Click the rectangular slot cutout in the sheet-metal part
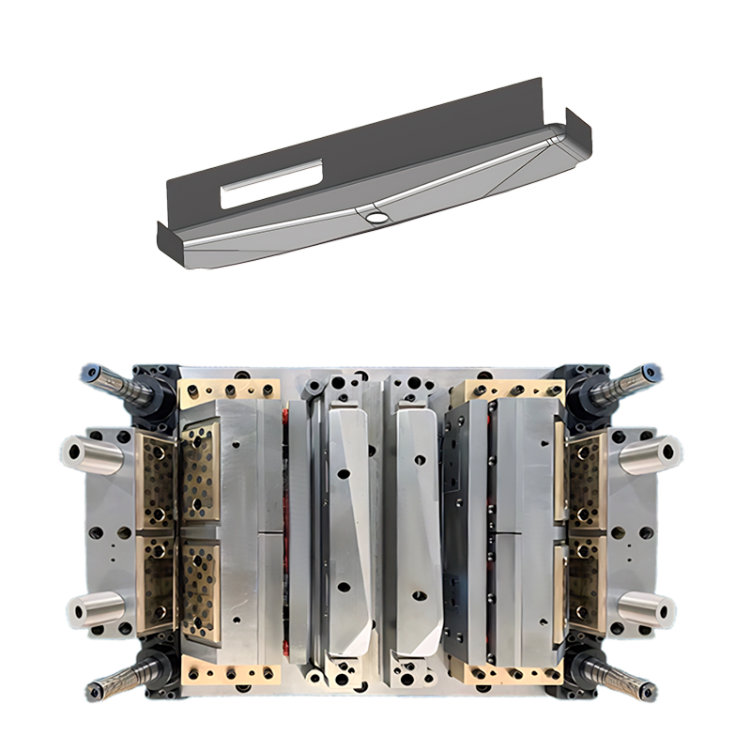coord(271,183)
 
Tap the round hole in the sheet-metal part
coord(376,216)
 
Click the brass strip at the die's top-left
coord(229,389)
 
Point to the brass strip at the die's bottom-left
coord(230,673)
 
